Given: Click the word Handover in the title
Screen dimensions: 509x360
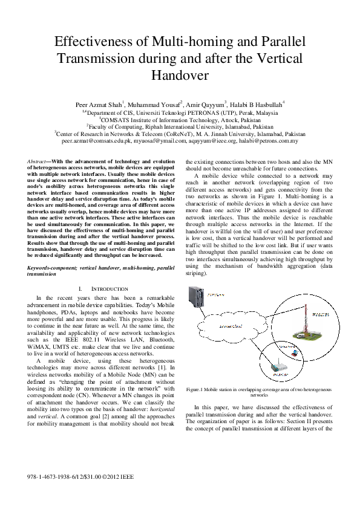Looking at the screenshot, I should click(x=180, y=76).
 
